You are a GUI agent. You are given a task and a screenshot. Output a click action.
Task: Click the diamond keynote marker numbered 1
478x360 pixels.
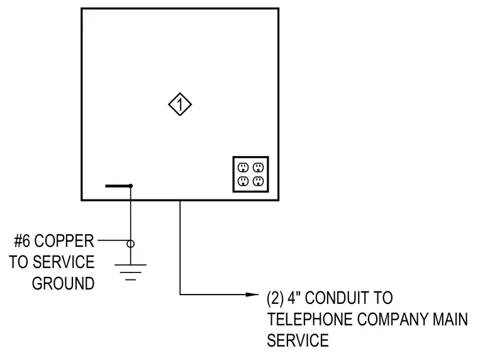[x=180, y=104]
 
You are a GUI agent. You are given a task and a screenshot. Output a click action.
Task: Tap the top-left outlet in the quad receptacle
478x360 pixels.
[x=243, y=167]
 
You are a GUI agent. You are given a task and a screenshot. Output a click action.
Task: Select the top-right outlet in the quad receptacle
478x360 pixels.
[x=258, y=167]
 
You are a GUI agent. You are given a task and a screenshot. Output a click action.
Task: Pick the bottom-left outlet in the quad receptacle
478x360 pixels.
[x=243, y=181]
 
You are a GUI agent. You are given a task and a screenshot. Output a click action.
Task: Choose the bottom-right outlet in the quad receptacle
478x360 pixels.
[x=258, y=181]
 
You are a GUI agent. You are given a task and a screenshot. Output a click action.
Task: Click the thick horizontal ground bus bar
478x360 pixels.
[x=118, y=186]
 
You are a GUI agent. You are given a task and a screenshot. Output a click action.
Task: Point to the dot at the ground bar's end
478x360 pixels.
[x=130, y=186]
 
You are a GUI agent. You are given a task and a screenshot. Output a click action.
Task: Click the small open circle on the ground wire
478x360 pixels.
[x=130, y=244]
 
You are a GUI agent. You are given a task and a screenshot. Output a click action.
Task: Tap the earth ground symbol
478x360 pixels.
[x=130, y=272]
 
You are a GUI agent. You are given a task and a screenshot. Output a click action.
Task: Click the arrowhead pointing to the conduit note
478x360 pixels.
[x=252, y=295]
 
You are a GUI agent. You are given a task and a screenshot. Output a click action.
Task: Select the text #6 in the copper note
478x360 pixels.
[x=22, y=241]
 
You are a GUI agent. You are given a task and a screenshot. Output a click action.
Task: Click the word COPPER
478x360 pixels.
[x=64, y=241]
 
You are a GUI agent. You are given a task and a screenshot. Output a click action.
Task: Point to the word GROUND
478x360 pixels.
[x=63, y=283]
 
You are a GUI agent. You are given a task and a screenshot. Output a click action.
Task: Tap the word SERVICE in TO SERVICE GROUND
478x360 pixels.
[x=64, y=262]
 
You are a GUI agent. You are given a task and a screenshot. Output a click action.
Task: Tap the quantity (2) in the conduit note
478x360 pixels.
[x=275, y=298]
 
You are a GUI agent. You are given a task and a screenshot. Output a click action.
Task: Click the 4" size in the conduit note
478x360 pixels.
[x=294, y=298]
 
